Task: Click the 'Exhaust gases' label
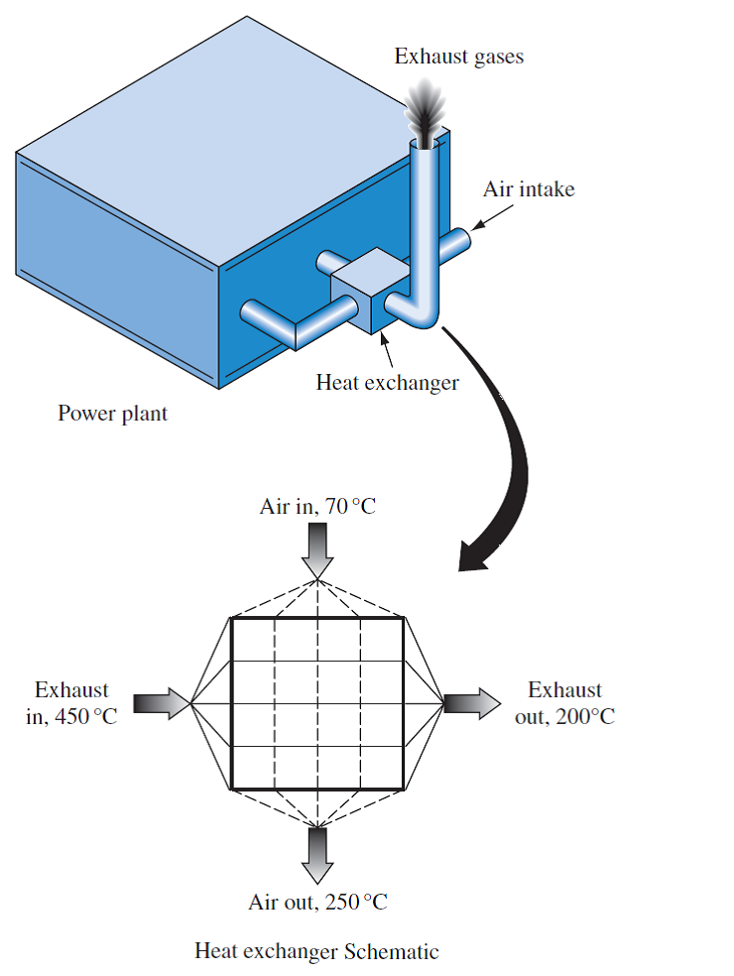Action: [458, 57]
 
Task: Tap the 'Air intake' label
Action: [528, 188]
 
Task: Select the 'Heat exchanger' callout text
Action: [387, 382]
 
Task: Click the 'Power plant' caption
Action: [112, 414]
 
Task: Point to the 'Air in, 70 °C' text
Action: [317, 508]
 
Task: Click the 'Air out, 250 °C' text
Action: [317, 903]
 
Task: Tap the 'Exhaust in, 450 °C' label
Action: [71, 703]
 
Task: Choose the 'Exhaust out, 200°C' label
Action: [564, 703]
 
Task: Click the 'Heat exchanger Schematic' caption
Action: [316, 952]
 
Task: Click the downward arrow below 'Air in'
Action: [317, 551]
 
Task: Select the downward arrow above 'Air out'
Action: [317, 855]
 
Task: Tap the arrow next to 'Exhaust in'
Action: [159, 703]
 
